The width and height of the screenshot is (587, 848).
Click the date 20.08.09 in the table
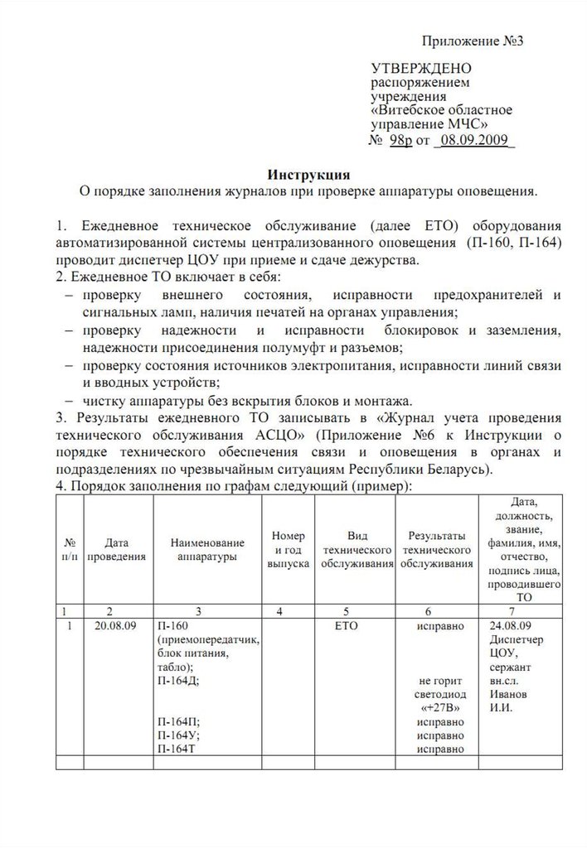(x=117, y=627)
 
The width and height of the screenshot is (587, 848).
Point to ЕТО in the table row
(x=357, y=627)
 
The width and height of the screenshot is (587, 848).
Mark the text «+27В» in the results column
(x=437, y=708)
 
